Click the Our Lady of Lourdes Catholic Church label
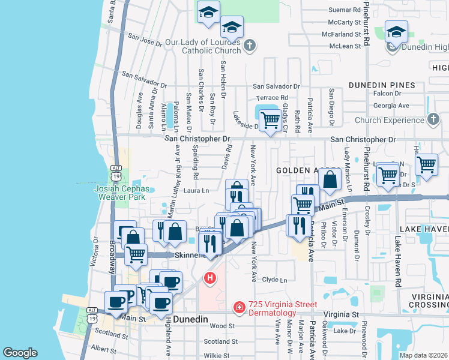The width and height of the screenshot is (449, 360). pyautogui.click(x=203, y=46)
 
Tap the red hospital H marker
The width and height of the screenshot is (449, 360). pyautogui.click(x=210, y=278)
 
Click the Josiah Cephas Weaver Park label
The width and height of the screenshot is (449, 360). pyautogui.click(x=121, y=191)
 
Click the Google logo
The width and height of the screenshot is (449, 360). pyautogui.click(x=20, y=353)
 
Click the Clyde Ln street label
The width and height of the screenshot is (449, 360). pyautogui.click(x=275, y=280)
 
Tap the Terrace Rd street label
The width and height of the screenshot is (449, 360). pyautogui.click(x=272, y=97)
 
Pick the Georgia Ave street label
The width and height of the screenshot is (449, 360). pyautogui.click(x=391, y=106)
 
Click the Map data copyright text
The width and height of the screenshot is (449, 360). pyautogui.click(x=423, y=355)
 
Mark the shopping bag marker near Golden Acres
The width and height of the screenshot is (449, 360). pyautogui.click(x=330, y=179)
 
